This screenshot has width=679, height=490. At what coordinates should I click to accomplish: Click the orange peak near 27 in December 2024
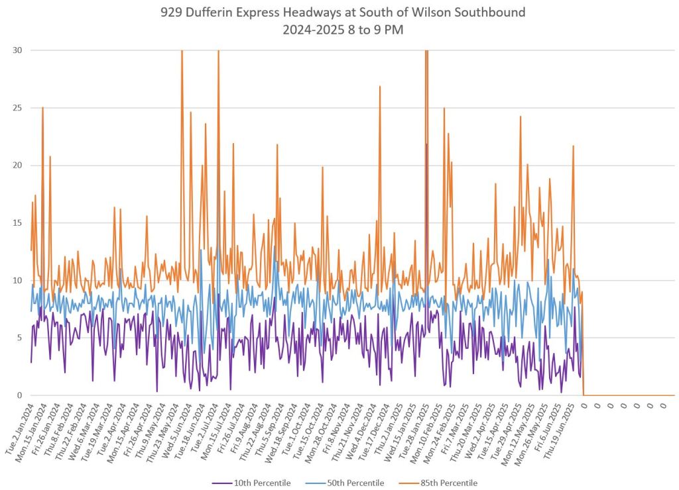[x=380, y=86]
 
